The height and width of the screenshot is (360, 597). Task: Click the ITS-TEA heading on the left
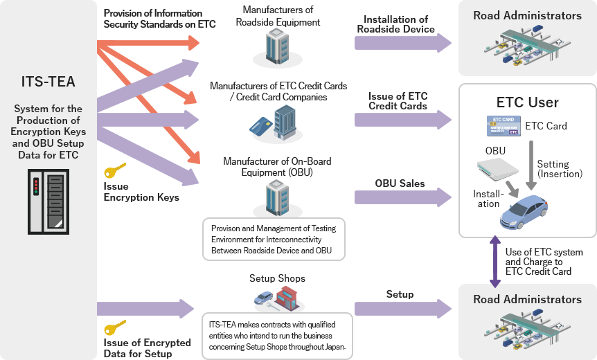pos(48,82)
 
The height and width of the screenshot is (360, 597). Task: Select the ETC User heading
pos(527,102)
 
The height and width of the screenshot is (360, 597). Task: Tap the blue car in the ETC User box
pos(524,210)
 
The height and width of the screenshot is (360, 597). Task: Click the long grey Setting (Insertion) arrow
pos(531,163)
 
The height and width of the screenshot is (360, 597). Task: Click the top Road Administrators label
pos(527,15)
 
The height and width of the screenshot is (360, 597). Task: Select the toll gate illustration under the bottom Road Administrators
pos(527,330)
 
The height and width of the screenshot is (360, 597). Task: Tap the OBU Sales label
pos(400,184)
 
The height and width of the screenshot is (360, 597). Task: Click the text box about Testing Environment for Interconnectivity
pos(274,240)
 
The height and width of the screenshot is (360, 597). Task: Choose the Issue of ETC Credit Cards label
pos(398,101)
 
